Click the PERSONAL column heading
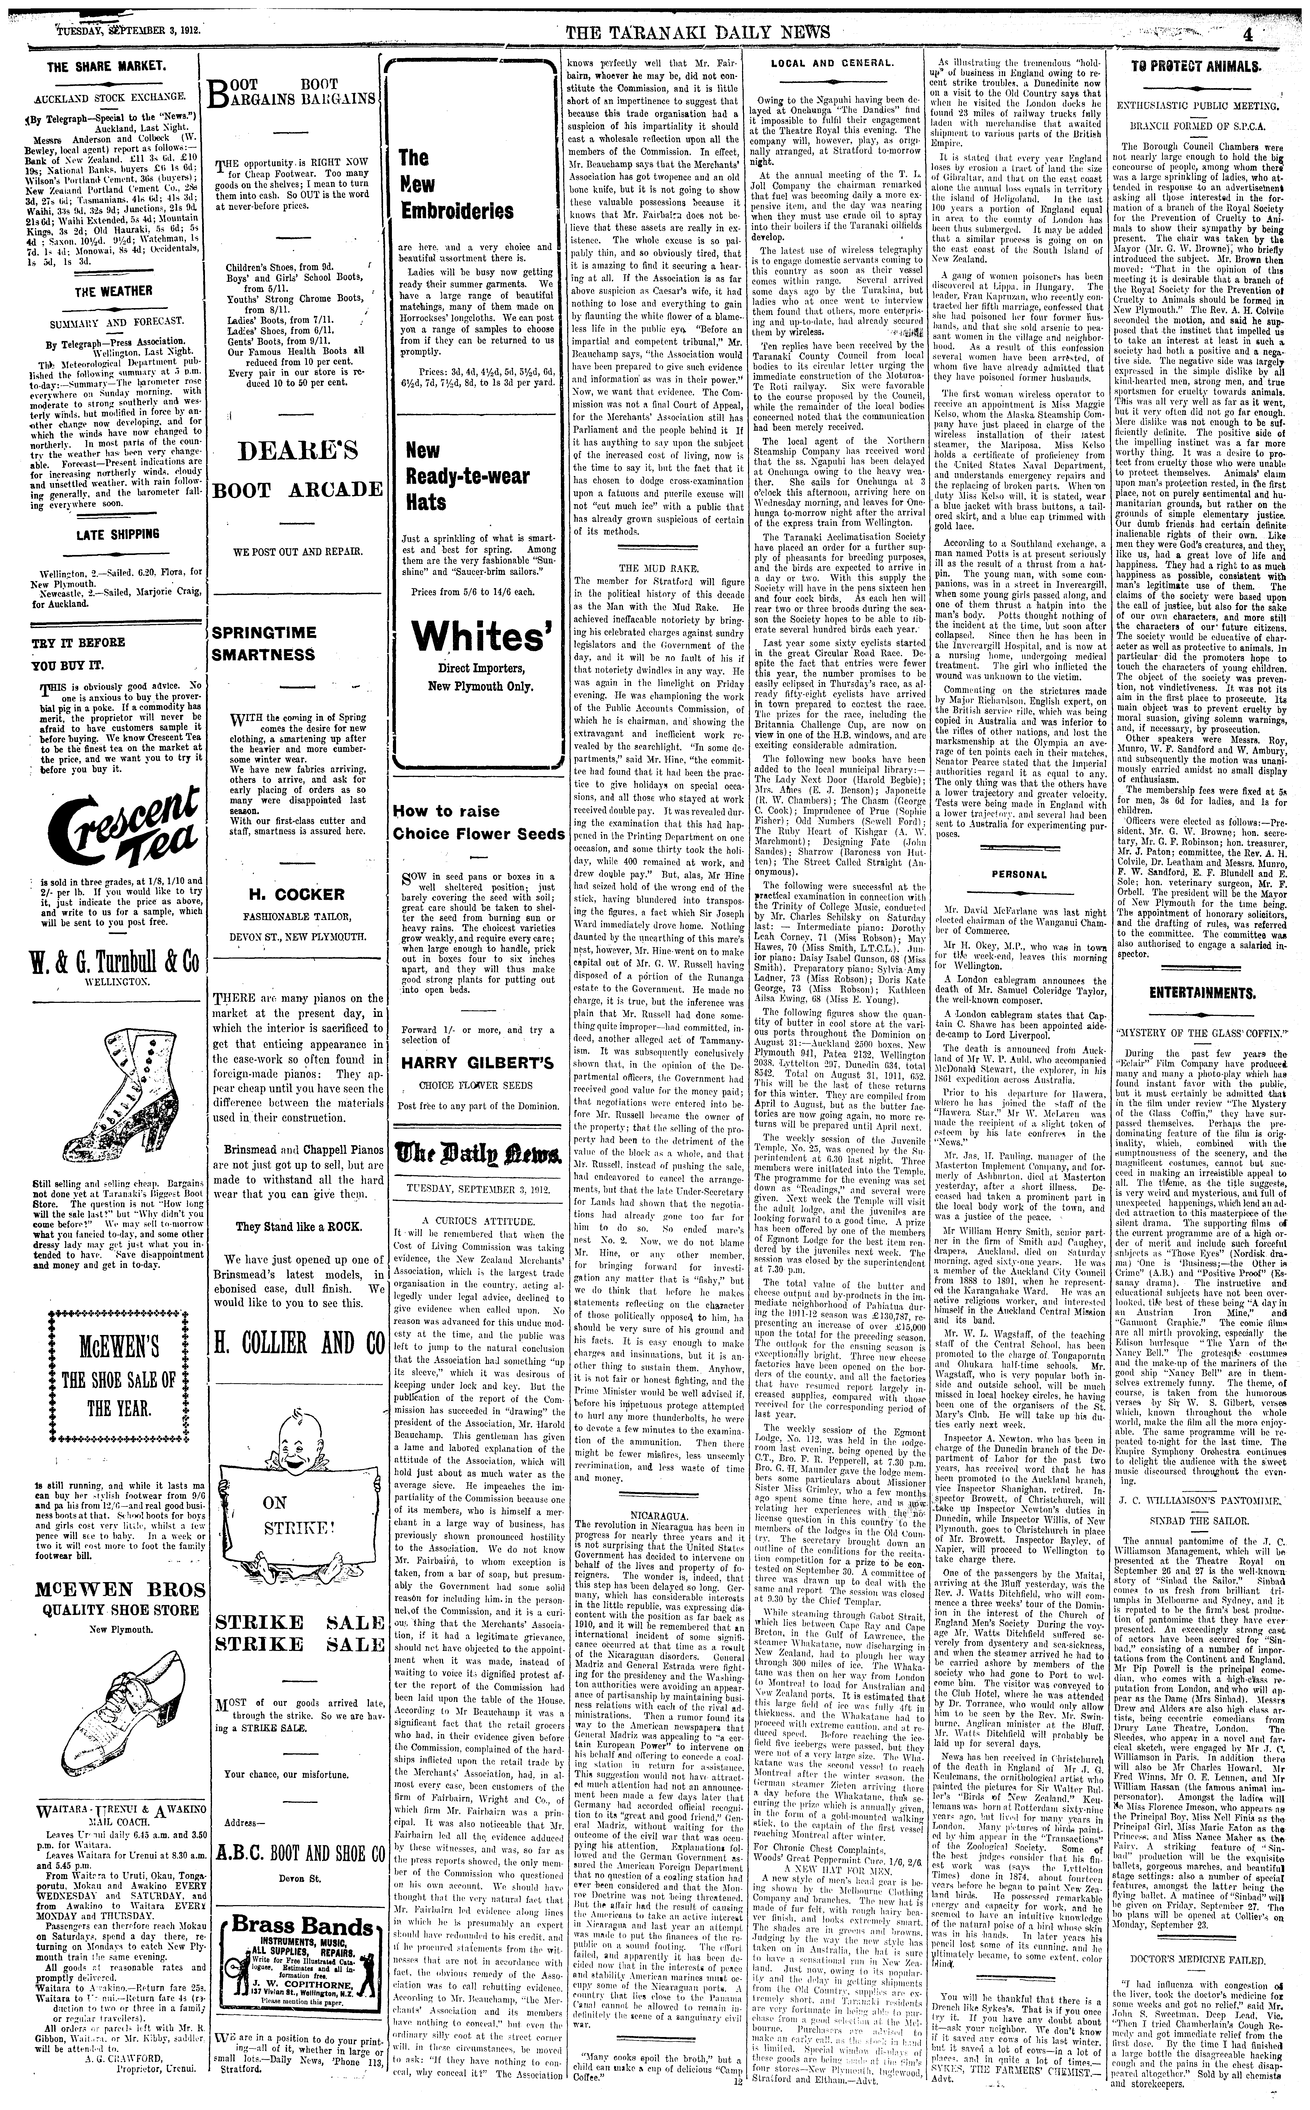[x=1019, y=875]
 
